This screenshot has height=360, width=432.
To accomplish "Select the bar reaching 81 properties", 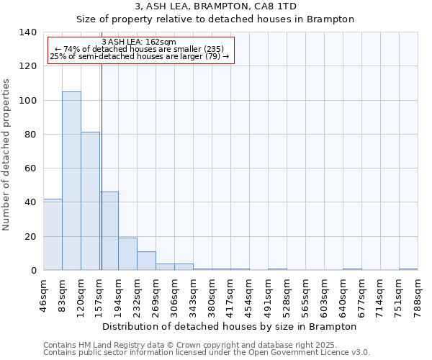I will [x=90, y=201].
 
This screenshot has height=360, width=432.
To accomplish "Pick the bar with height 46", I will [x=109, y=230].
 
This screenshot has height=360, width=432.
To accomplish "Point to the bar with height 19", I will [x=127, y=253].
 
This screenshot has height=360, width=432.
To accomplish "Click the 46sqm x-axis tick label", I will [x=44, y=294].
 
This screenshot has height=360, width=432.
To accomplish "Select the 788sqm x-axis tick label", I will [x=418, y=294].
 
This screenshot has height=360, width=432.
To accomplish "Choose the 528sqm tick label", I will [x=287, y=294].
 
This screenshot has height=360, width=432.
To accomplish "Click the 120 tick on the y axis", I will [x=27, y=66].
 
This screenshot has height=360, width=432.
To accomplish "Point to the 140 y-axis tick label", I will [x=27, y=32].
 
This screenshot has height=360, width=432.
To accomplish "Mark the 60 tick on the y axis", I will [x=30, y=168].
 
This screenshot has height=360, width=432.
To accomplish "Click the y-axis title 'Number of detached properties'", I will [x=7, y=151].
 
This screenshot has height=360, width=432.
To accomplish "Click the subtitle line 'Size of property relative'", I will [x=215, y=19].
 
